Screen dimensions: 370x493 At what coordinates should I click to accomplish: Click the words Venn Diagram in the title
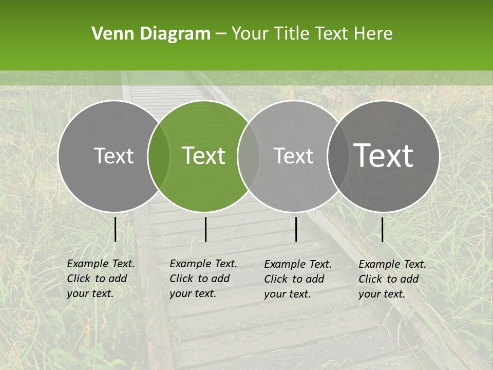151,34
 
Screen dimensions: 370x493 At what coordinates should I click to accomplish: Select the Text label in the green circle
204,156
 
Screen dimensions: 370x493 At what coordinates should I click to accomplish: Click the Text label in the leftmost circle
113,156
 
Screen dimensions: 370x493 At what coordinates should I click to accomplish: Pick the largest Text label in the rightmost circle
384,155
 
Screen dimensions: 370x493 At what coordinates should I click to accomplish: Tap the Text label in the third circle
294,156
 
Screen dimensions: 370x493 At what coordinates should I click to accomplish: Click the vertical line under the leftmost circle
115,229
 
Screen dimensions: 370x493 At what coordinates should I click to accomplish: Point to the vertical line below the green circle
205,229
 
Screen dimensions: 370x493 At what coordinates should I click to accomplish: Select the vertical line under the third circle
296,229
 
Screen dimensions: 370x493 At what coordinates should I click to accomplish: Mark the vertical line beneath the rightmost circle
383,229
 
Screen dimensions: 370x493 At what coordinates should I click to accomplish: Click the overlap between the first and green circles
159,156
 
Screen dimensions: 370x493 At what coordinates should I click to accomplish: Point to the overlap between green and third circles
249,156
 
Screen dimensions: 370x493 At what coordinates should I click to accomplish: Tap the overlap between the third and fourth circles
338,156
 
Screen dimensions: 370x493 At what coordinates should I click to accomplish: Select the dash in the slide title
221,34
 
